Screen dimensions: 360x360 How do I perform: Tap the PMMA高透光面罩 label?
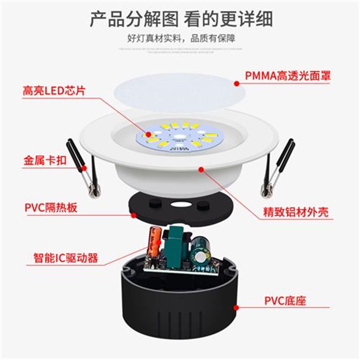click(288, 76)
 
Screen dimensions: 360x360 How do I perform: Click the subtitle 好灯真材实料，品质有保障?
click(180, 37)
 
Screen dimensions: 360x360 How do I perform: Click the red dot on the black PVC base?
click(236, 308)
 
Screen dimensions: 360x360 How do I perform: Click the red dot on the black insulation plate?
click(134, 215)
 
